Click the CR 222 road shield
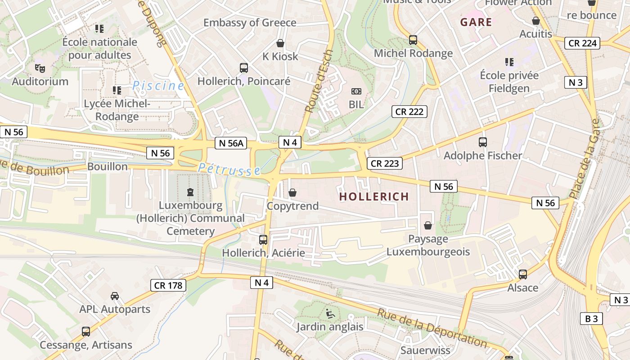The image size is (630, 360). point(409,112)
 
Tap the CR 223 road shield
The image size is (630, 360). point(385,163)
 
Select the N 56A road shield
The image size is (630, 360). point(231,143)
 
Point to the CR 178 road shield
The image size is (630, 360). point(167,285)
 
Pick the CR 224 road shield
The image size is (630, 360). point(583,43)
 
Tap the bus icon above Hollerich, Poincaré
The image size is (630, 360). point(244,68)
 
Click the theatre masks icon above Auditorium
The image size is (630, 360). point(40,68)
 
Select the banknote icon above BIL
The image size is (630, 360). point(356,91)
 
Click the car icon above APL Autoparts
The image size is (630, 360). point(115,296)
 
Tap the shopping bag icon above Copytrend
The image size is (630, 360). point(292,193)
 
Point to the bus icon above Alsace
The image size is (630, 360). point(522,274)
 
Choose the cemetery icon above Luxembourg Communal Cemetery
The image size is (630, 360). point(190,192)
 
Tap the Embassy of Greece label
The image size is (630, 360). point(250,22)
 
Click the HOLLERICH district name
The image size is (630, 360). point(374,197)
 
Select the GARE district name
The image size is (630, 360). point(476,22)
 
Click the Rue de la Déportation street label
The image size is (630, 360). point(432,328)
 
